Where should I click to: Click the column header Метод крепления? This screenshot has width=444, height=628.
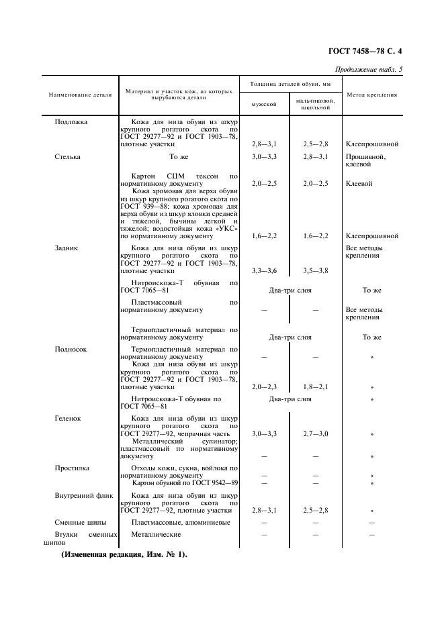point(371,94)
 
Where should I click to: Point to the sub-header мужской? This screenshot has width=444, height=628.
point(264,104)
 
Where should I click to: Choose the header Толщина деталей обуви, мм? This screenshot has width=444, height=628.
point(290,84)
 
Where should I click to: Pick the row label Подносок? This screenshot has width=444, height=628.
point(71,350)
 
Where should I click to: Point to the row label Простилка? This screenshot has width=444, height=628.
point(72,468)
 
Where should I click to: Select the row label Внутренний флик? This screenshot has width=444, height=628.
point(83,494)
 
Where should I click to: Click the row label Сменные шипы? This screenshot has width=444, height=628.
point(80,522)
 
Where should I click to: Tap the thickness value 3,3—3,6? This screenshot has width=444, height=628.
point(264,270)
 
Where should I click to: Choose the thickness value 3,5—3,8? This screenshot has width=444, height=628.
point(315,270)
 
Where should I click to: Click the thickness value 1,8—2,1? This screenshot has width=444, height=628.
point(315,387)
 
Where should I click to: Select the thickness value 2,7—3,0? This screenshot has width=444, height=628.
point(315,434)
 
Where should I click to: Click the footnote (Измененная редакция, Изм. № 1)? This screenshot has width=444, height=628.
point(124,556)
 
